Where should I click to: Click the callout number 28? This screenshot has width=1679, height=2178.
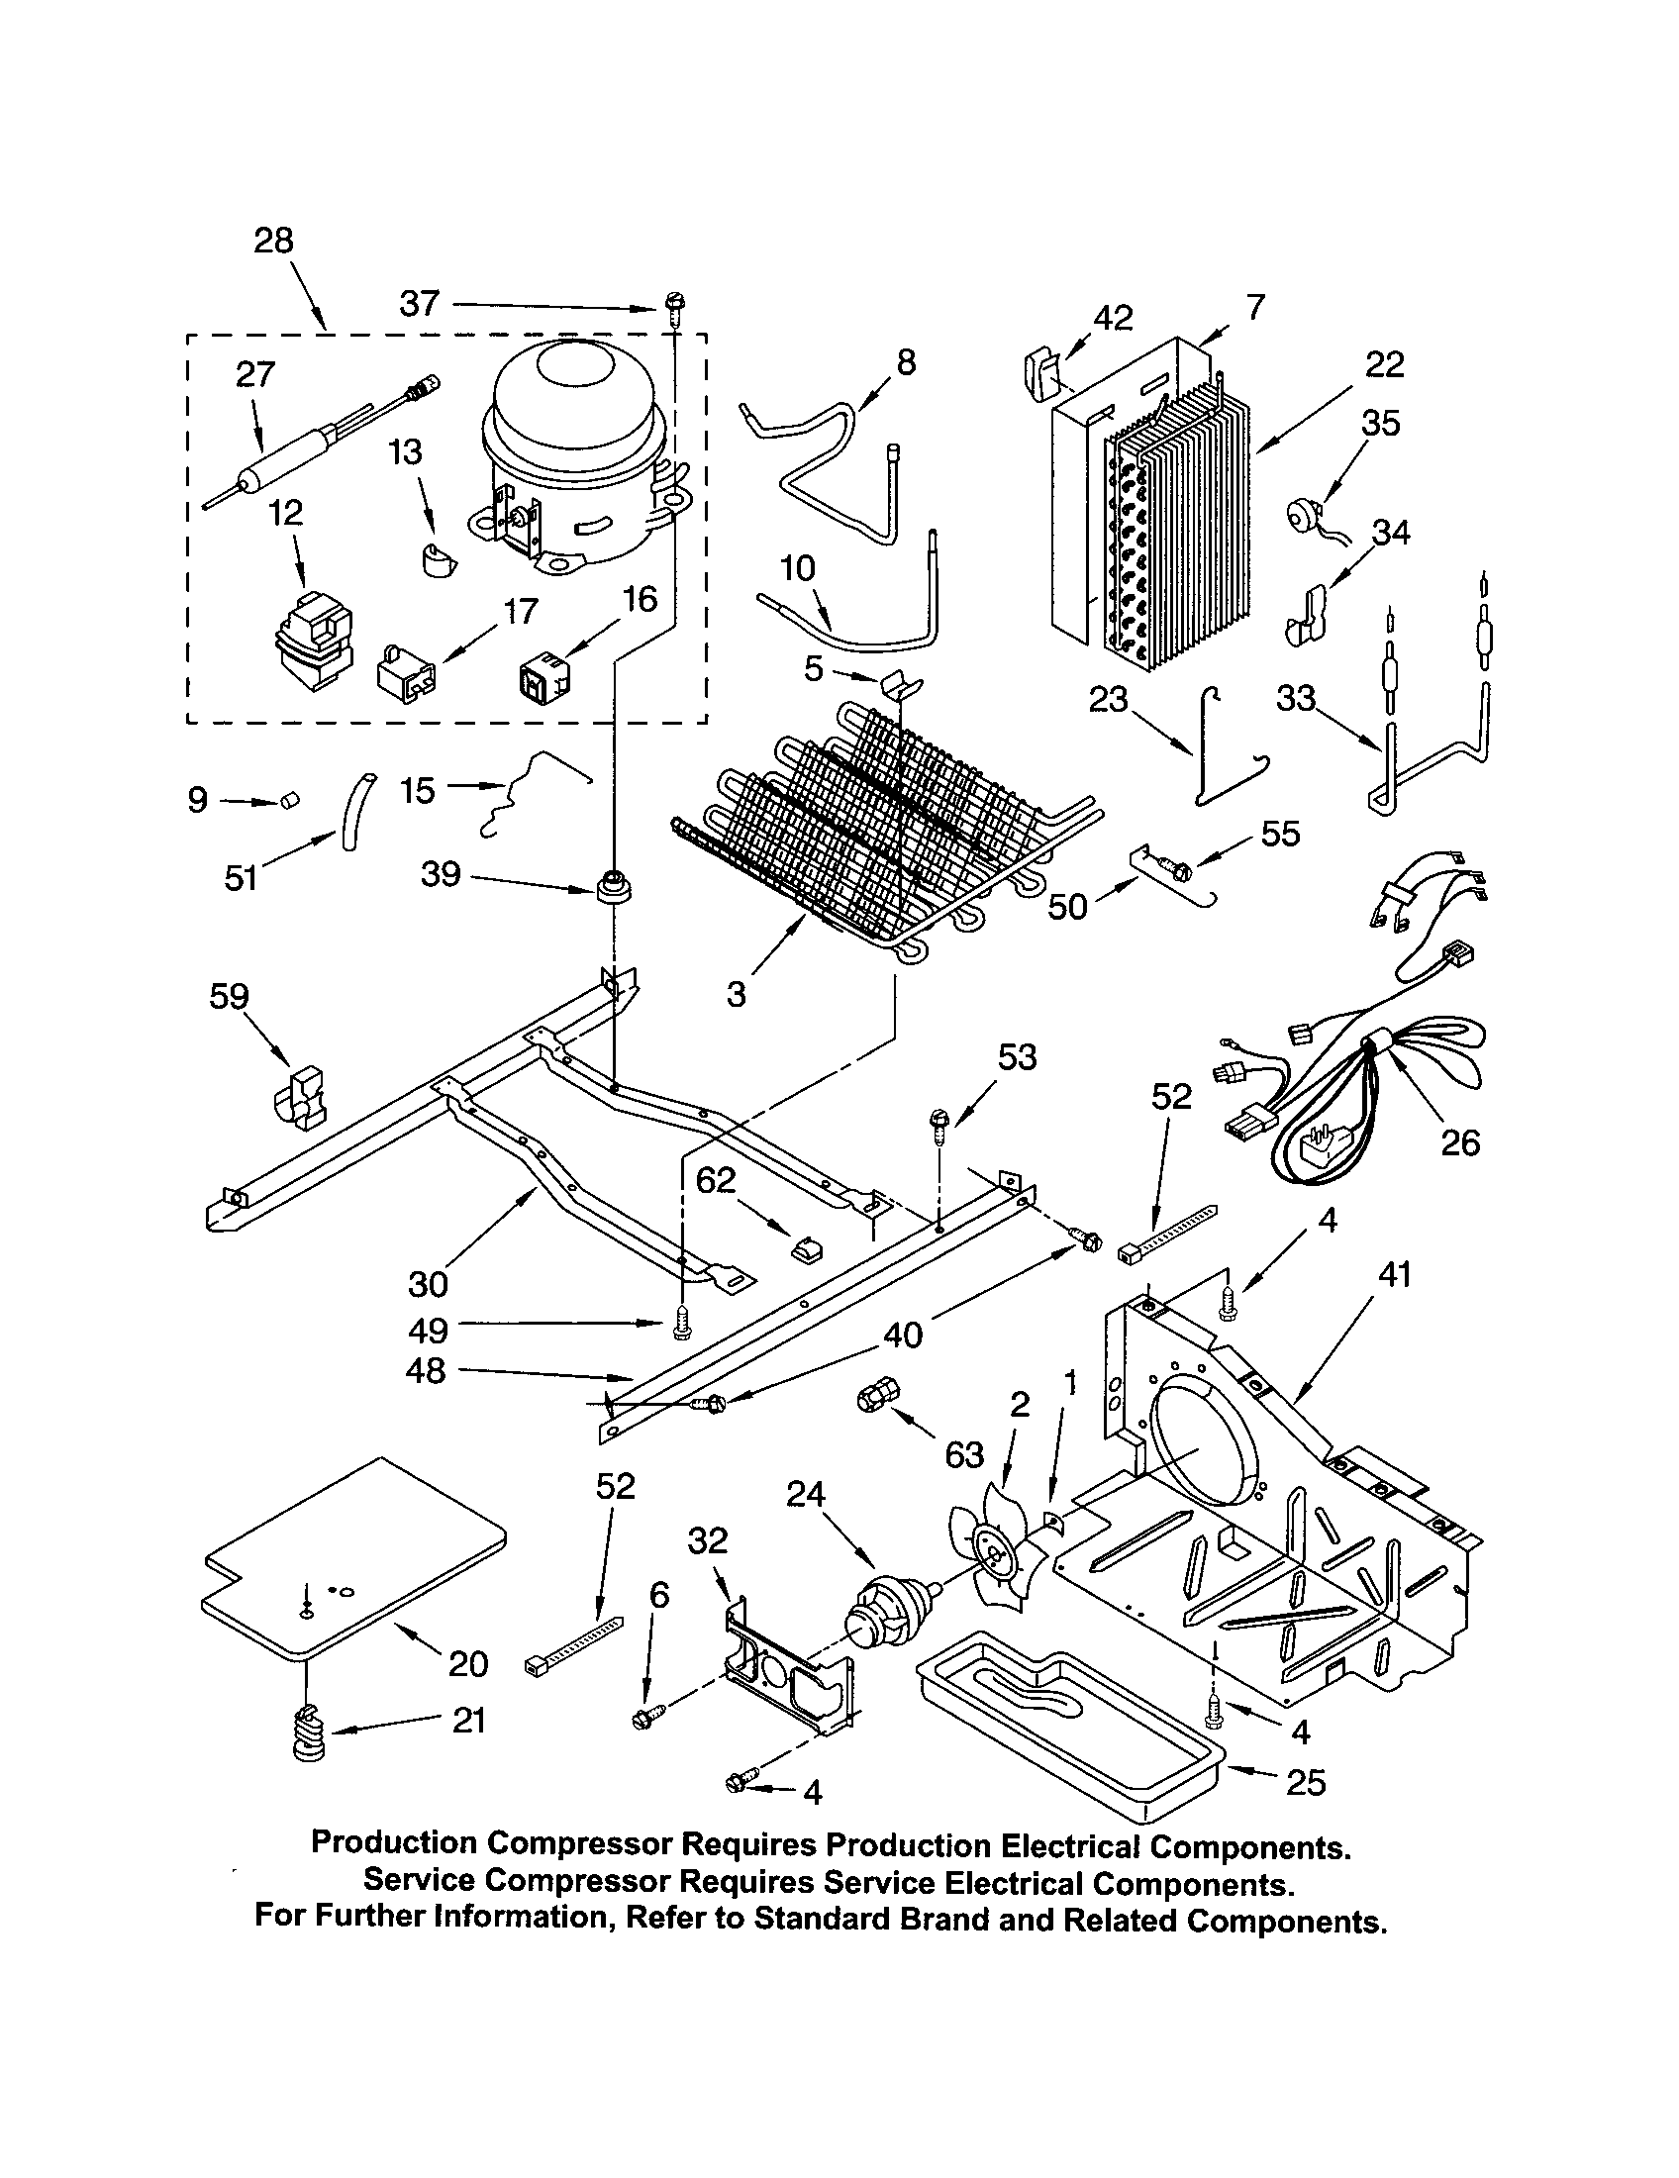tap(273, 241)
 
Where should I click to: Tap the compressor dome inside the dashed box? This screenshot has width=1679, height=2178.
tap(572, 429)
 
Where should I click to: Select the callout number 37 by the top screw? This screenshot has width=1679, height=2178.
tap(420, 303)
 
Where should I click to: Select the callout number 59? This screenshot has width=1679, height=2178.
tap(229, 996)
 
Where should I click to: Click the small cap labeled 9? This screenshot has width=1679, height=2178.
tap(289, 799)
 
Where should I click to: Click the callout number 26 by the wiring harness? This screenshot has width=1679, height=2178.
tap(1459, 1141)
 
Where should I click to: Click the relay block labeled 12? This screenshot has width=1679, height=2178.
tap(311, 641)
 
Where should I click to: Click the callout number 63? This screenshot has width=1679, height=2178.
tap(963, 1455)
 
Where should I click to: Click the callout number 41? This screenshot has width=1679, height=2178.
tap(1393, 1274)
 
